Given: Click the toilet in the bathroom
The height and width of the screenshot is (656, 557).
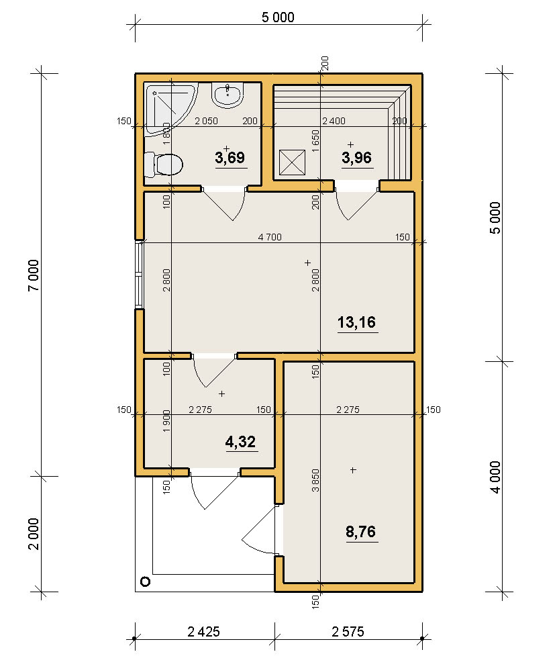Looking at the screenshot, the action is pyautogui.click(x=163, y=165).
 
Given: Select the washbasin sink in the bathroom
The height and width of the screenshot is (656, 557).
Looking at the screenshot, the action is pyautogui.click(x=227, y=95).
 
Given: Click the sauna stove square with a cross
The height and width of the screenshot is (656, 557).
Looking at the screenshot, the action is pyautogui.click(x=292, y=162).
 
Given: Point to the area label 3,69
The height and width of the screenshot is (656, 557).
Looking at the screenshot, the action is pyautogui.click(x=230, y=158).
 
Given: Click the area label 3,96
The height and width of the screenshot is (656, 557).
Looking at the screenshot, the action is pyautogui.click(x=357, y=158).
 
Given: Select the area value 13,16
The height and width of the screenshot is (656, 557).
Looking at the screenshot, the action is pyautogui.click(x=357, y=322).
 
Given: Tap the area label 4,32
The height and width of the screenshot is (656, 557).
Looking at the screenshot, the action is pyautogui.click(x=240, y=442).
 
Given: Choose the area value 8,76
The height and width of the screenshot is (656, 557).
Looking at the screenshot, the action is pyautogui.click(x=361, y=532).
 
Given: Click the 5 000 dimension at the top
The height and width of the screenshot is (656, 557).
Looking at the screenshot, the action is pyautogui.click(x=278, y=17).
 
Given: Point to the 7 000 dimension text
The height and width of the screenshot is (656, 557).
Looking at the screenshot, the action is pyautogui.click(x=34, y=275).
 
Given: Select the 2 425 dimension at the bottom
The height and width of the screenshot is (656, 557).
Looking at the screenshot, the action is pyautogui.click(x=203, y=632).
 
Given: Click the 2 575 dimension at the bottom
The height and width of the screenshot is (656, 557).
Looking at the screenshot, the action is pyautogui.click(x=348, y=632).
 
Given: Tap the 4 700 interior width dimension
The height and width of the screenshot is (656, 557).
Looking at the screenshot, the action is pyautogui.click(x=270, y=237).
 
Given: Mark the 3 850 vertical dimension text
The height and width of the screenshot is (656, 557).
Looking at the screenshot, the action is pyautogui.click(x=315, y=480).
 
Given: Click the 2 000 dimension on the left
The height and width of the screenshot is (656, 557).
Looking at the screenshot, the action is pyautogui.click(x=34, y=534).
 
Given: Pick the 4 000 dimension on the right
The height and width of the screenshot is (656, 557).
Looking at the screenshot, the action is pyautogui.click(x=495, y=477).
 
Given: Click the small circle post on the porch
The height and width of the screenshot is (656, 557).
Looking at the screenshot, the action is pyautogui.click(x=146, y=581).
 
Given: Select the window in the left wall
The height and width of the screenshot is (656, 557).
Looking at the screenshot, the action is pyautogui.click(x=140, y=275).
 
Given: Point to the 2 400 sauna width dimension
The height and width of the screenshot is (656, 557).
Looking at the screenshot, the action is pyautogui.click(x=334, y=121).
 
